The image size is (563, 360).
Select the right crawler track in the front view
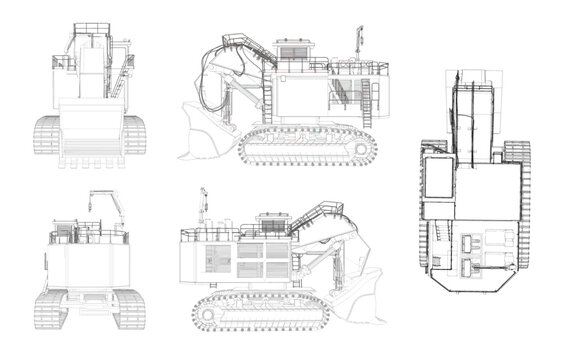click(135, 135)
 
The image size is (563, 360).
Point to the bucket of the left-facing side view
click(206, 136)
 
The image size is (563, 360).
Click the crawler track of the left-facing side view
click(307, 146)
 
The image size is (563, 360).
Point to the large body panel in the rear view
click(88, 265)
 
